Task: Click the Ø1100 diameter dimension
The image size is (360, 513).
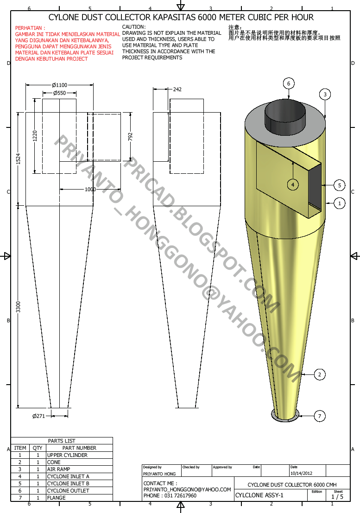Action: coord(59,85)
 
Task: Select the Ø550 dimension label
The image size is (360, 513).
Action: coord(59,93)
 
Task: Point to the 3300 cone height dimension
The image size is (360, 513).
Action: coord(18,306)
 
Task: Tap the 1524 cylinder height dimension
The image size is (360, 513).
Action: coord(18,158)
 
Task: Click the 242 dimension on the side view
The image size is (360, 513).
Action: coord(177,89)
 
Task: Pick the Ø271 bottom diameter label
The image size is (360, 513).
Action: coord(38,416)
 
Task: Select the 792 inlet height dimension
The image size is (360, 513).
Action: coord(131,137)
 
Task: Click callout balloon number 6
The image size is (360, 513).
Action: coord(288,83)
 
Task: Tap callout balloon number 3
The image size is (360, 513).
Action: coord(325,95)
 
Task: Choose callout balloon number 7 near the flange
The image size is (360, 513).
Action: coord(319,416)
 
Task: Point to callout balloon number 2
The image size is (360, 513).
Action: coord(319,374)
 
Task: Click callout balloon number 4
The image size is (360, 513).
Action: coord(292,185)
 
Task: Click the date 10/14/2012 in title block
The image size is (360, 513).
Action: coord(302,474)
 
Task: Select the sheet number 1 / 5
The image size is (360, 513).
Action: coord(338,497)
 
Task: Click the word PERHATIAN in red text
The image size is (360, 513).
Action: coord(31,28)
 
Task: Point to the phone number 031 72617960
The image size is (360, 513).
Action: coord(170,495)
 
